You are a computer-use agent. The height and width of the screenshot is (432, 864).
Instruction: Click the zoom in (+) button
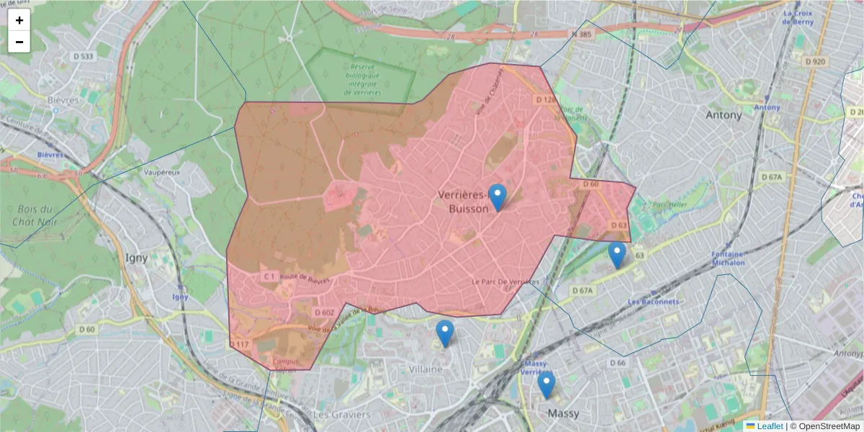coord(19,20)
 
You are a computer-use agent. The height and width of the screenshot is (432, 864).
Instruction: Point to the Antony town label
coord(724,115)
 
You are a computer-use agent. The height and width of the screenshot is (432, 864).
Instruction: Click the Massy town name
coord(563,414)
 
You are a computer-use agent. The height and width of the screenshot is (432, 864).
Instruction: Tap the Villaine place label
coord(425,369)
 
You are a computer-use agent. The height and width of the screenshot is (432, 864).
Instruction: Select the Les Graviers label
coord(342,415)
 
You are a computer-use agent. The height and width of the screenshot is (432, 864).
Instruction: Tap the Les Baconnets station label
coord(654,302)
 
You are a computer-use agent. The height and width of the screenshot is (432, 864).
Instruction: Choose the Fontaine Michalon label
coord(728,258)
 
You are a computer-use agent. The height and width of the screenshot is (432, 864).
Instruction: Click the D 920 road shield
coord(815,62)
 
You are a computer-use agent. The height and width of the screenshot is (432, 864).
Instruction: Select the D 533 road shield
coord(84,56)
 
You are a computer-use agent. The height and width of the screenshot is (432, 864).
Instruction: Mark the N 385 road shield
coord(585,34)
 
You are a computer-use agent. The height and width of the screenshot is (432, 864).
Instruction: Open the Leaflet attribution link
coord(770,426)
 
